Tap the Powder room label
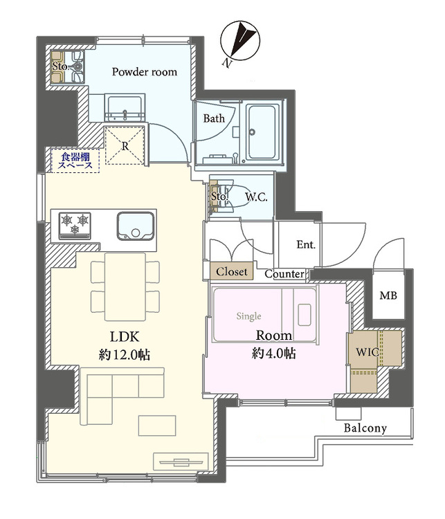point(145,72)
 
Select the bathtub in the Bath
point(262,132)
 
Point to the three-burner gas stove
point(75,226)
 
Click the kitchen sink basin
point(135,226)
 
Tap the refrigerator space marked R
point(125,145)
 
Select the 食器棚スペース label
point(75,161)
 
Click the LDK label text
point(125,336)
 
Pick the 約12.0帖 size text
point(125,354)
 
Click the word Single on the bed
point(248,316)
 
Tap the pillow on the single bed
point(305,314)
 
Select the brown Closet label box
point(232,271)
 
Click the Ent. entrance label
point(306,244)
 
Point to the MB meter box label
point(388,295)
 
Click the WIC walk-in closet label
point(367,352)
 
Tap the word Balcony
point(365,428)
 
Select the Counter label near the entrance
point(284,274)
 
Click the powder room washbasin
point(125,108)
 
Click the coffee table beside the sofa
point(157,426)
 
